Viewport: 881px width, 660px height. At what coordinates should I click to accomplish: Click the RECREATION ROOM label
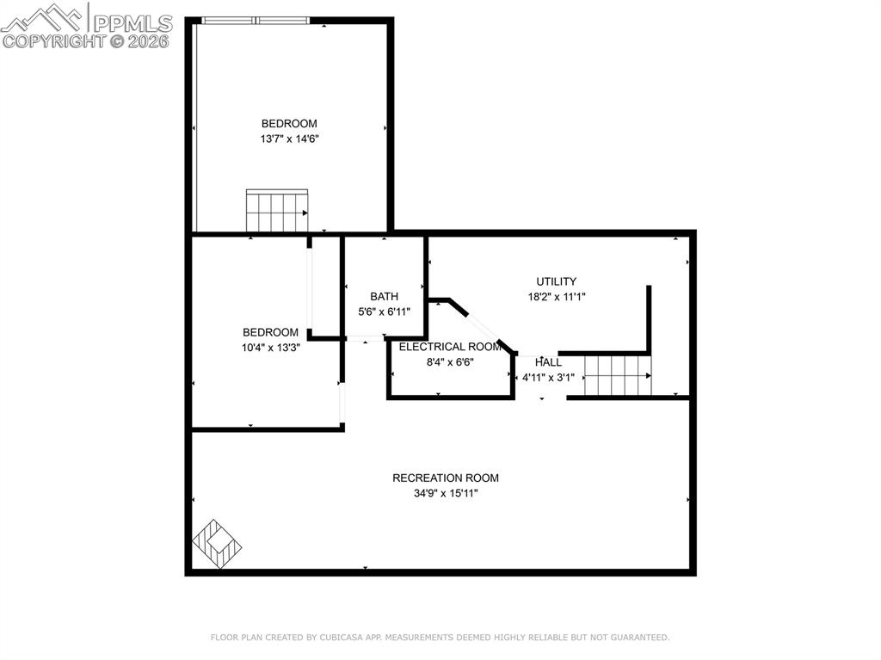445,478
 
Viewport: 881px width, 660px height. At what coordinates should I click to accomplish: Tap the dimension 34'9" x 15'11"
445,494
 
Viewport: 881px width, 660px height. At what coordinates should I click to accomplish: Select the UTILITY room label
556,281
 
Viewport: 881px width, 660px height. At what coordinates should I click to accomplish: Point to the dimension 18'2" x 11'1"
557,297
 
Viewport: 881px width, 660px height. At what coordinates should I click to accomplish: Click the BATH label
384,297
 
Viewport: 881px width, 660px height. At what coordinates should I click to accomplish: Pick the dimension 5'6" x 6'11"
384,312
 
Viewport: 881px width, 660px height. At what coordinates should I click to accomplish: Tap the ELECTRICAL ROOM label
450,347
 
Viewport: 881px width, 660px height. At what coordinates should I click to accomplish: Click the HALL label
548,362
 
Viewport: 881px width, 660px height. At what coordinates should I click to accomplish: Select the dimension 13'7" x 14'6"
289,139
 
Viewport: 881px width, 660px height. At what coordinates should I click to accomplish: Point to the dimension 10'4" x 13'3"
270,348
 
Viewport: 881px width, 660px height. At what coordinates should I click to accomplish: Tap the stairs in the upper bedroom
277,211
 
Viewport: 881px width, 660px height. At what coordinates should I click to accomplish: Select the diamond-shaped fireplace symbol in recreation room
217,544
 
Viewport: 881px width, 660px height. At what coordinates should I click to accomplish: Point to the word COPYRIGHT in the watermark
53,40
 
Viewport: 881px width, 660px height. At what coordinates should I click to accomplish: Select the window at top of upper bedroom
256,21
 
